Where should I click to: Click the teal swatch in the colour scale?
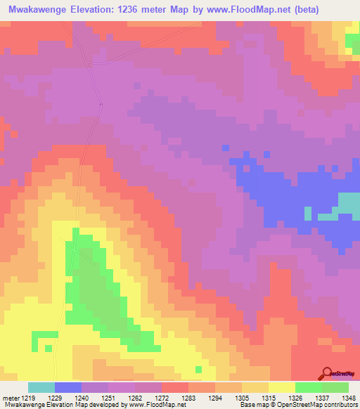(41, 387)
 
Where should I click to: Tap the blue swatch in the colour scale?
(68, 387)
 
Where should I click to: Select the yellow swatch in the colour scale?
(282, 387)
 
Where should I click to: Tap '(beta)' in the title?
(299, 10)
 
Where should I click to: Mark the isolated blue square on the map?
(225, 148)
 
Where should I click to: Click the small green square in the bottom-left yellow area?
(47, 347)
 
